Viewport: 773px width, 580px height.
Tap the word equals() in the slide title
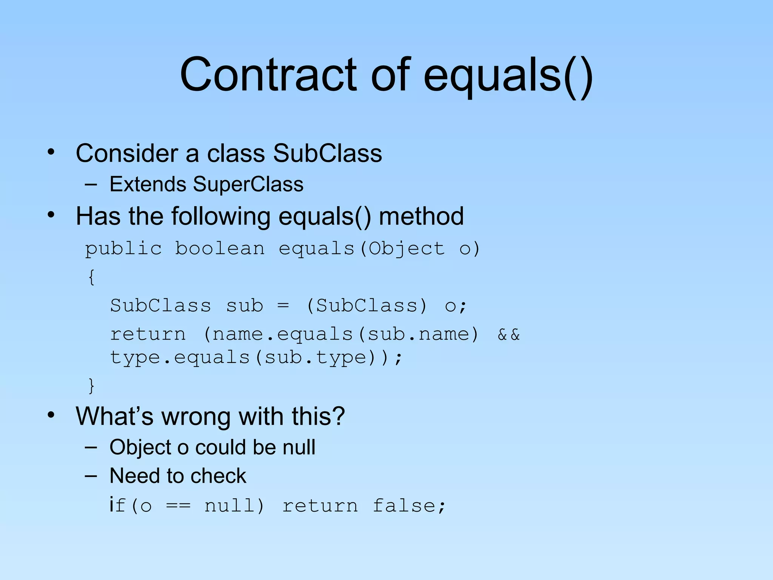click(x=508, y=76)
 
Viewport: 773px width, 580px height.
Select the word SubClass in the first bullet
click(x=327, y=153)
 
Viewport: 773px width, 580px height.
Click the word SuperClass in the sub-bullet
click(x=248, y=184)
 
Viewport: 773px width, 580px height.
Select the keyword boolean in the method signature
click(x=220, y=248)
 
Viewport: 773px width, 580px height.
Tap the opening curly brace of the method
click(x=91, y=277)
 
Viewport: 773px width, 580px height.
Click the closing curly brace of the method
click(x=91, y=386)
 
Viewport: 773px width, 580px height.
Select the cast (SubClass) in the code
click(x=367, y=305)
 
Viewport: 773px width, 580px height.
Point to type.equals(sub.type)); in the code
click(x=256, y=358)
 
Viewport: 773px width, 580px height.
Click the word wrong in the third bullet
click(x=196, y=416)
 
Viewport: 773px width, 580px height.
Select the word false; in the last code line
click(x=409, y=506)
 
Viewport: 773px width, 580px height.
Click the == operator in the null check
click(x=178, y=506)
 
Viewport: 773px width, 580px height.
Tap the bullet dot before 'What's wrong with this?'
click(x=51, y=415)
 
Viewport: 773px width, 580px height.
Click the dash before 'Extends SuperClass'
click(x=91, y=185)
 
